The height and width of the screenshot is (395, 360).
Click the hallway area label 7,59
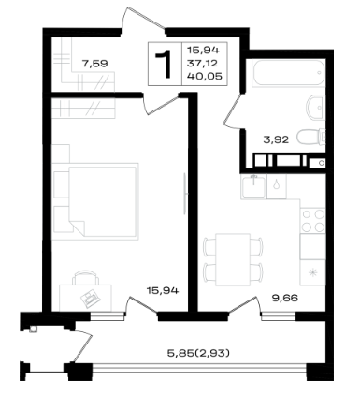(94, 64)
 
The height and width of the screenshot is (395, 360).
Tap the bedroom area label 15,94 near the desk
(163, 291)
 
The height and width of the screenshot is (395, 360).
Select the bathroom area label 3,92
(276, 139)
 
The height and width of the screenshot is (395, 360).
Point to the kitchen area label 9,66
(285, 299)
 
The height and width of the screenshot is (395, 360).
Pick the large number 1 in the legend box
(165, 64)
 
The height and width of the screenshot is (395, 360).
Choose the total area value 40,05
(205, 76)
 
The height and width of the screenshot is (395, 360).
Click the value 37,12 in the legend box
(202, 64)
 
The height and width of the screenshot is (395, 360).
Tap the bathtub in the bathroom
(289, 73)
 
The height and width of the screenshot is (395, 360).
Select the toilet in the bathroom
(311, 137)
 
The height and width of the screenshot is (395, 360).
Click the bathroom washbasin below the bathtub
(316, 108)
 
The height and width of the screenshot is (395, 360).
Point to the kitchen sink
(254, 186)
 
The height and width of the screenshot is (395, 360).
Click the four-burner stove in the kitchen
(312, 220)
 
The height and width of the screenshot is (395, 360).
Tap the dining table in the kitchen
(233, 259)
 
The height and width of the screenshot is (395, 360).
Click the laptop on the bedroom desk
(91, 298)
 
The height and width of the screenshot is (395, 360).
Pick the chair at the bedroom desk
(85, 278)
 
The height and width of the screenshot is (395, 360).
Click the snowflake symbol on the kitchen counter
(312, 273)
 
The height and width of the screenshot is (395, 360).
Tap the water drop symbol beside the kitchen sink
(277, 185)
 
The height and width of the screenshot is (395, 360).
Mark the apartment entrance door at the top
(143, 19)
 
